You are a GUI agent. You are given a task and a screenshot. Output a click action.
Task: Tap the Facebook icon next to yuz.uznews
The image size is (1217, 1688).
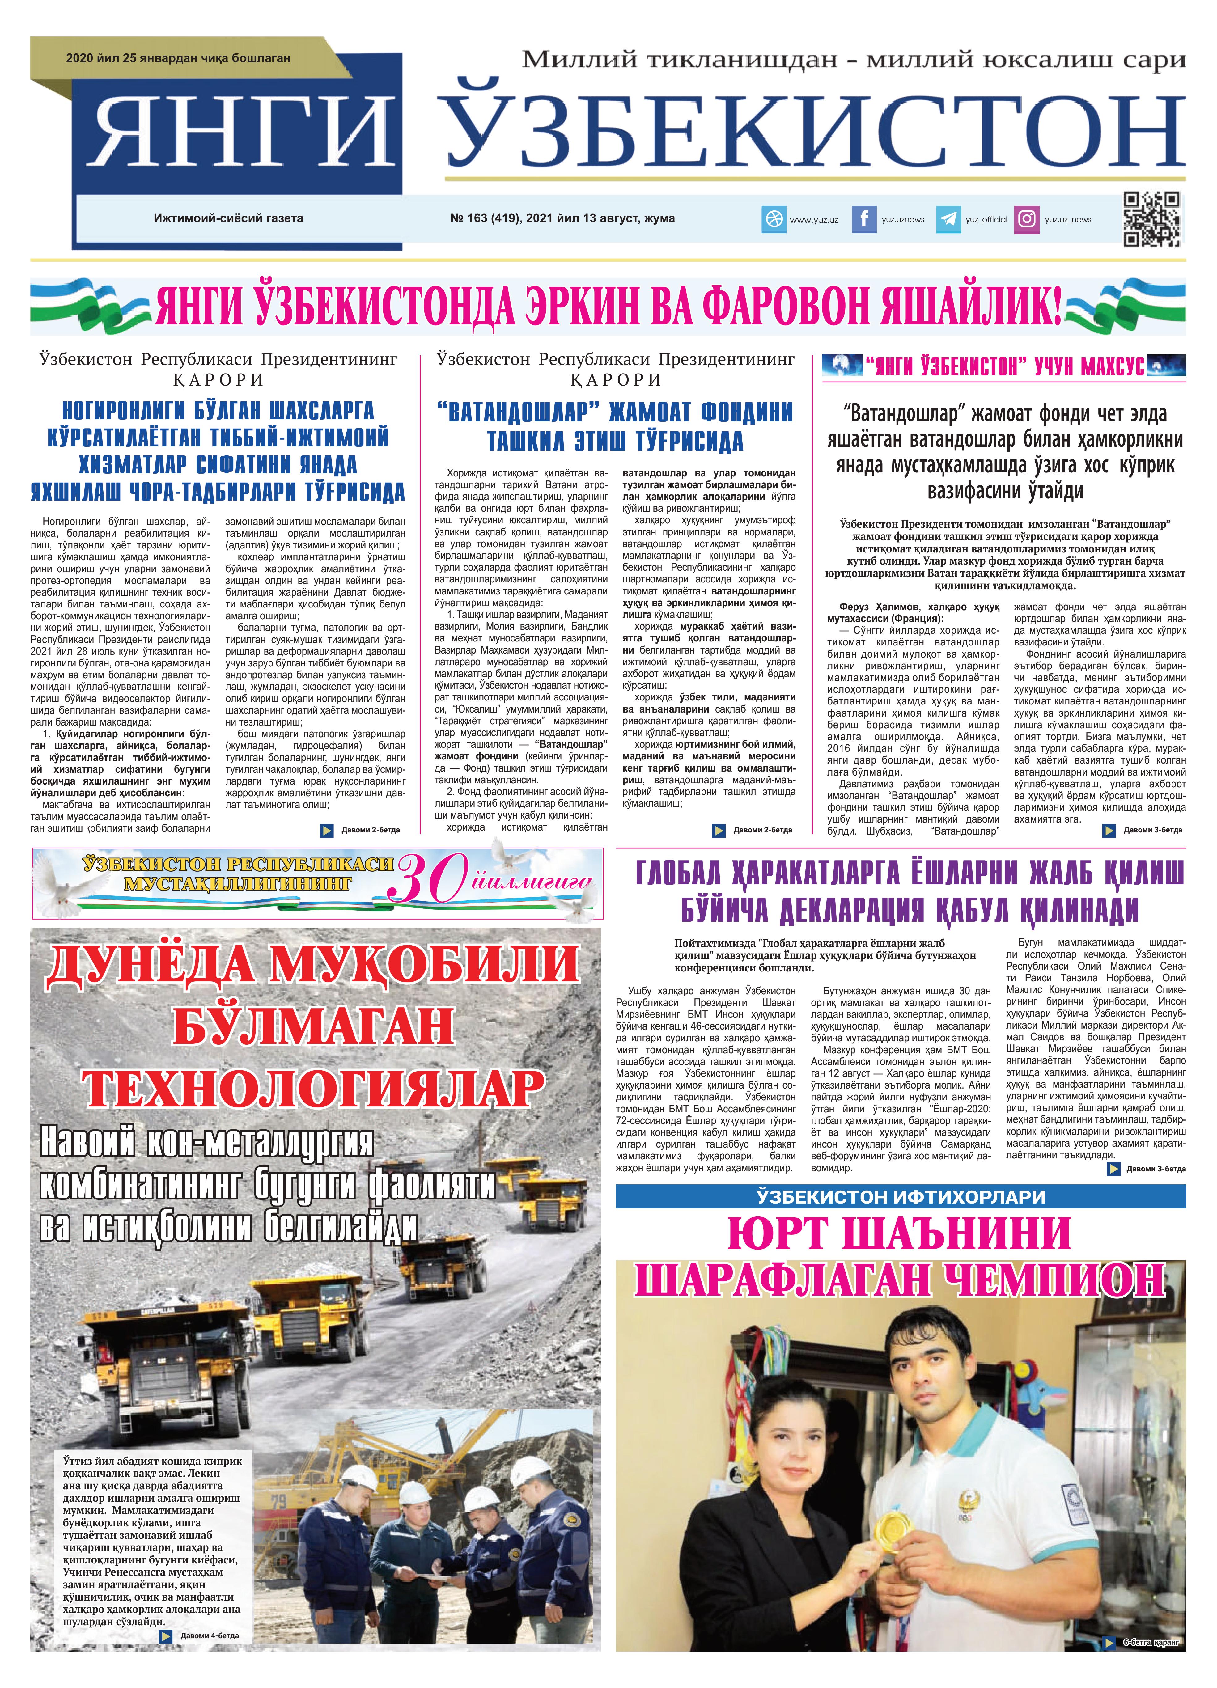coord(863,219)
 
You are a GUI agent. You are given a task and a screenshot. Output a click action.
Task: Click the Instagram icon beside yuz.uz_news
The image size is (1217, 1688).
coord(1027,219)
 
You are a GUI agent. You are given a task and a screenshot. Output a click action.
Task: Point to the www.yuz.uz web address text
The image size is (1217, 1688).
coord(814,220)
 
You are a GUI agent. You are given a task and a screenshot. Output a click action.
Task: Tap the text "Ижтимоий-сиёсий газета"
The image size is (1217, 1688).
coord(228,218)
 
